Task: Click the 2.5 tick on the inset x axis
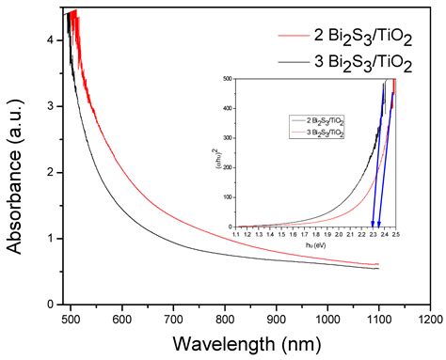[x=396, y=234]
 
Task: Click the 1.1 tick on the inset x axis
[x=236, y=234]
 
